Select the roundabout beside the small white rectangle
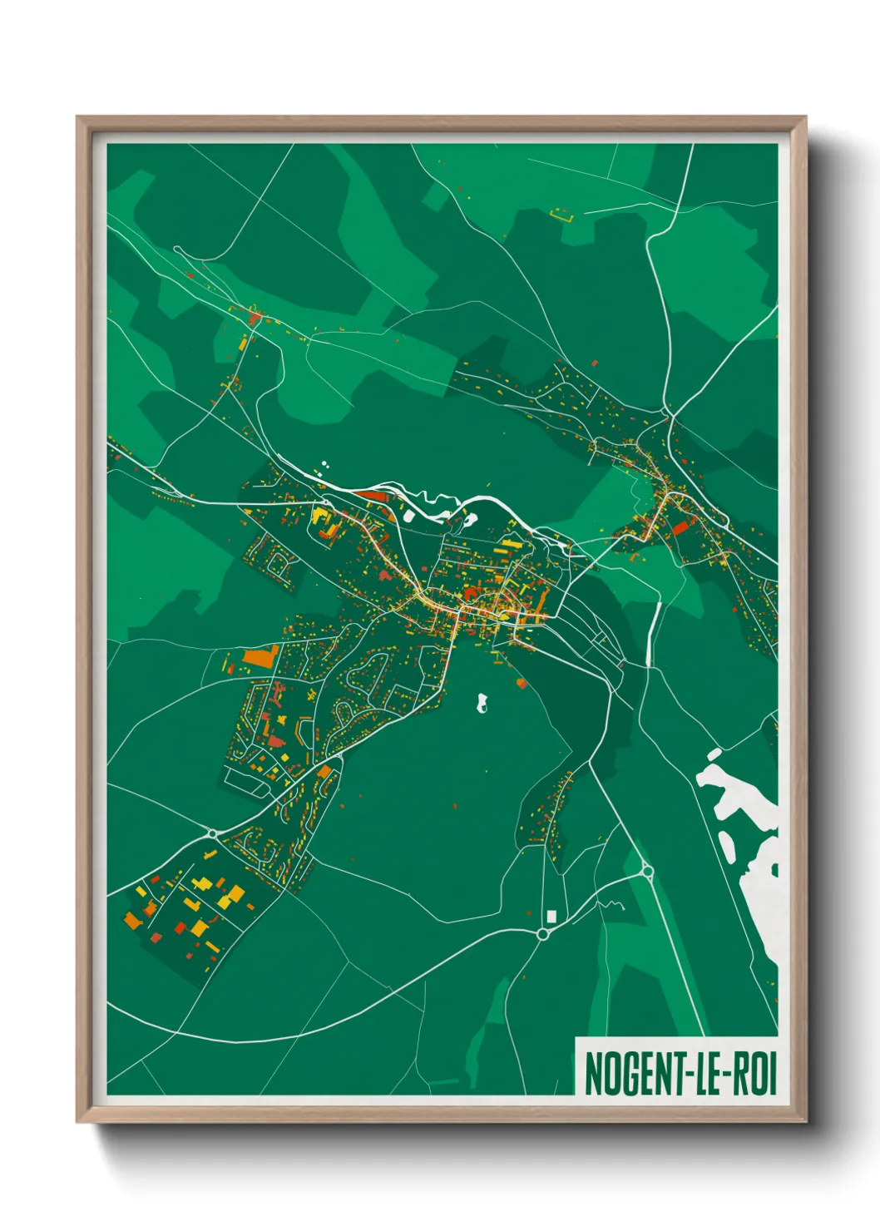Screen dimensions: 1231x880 (x=543, y=934)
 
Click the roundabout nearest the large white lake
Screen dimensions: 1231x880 (x=647, y=872)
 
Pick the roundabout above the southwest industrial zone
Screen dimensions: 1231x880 (x=213, y=833)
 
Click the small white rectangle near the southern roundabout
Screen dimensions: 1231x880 (x=551, y=916)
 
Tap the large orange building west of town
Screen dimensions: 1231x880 (x=260, y=656)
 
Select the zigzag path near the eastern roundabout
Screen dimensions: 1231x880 (x=614, y=904)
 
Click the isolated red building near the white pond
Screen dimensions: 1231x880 (x=522, y=683)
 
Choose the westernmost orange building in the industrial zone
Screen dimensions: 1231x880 (x=133, y=921)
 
